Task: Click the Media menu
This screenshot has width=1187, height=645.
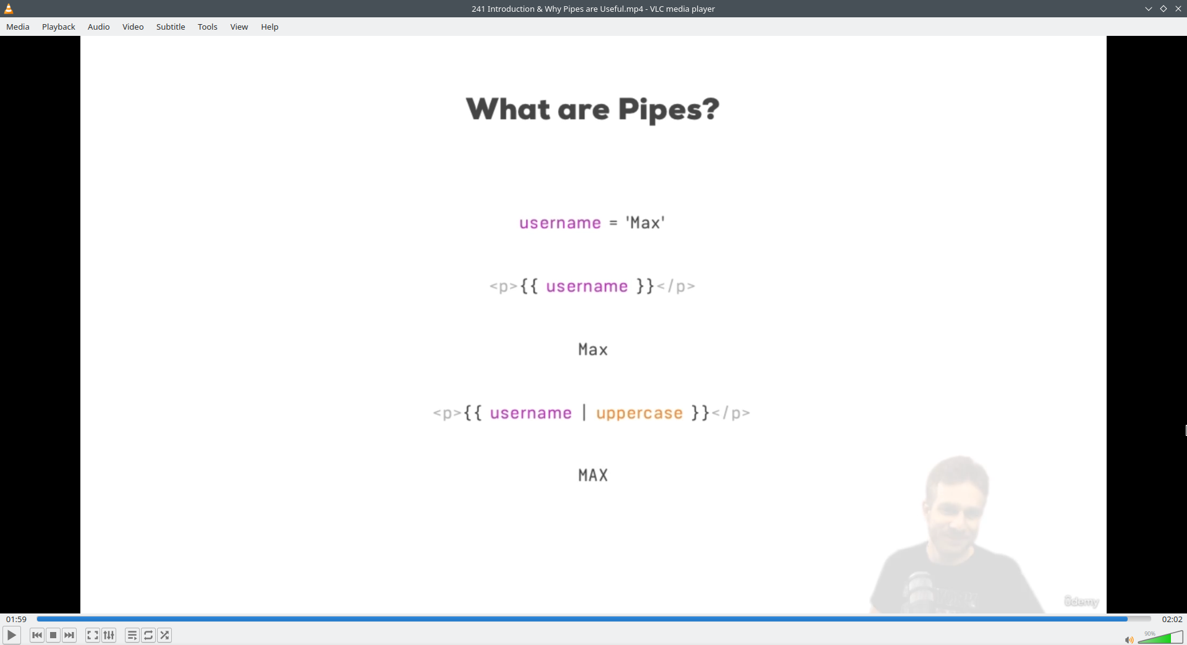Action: [18, 27]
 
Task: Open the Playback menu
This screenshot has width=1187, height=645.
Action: [59, 27]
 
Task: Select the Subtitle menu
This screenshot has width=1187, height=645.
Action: [171, 27]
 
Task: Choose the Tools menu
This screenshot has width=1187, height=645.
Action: [208, 27]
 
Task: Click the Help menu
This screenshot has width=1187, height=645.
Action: [270, 27]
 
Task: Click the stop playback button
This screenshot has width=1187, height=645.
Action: [53, 635]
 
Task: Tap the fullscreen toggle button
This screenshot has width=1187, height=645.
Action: [92, 635]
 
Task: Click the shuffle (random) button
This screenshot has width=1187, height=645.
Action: [164, 635]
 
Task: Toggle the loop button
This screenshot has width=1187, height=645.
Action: [148, 635]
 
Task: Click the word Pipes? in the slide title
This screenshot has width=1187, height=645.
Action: [668, 110]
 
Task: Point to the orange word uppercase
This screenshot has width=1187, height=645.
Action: [639, 413]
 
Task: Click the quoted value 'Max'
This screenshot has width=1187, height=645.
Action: [645, 223]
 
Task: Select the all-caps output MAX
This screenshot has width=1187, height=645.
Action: [593, 475]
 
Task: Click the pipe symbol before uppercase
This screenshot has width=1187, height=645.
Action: [584, 412]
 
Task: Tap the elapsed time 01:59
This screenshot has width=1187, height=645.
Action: [17, 619]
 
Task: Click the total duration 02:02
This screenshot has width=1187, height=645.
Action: [1172, 619]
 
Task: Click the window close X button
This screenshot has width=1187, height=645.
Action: [1178, 9]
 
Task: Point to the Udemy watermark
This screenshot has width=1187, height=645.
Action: [1081, 601]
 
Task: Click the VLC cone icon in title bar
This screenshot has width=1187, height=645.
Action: [9, 9]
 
